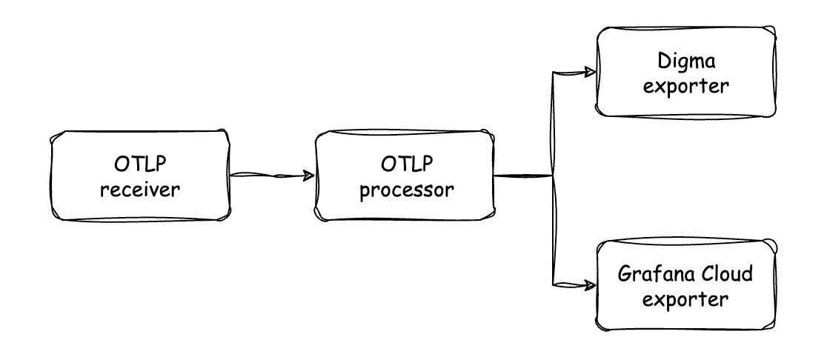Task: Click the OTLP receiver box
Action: (140, 176)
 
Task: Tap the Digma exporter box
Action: (688, 72)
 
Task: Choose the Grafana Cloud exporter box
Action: (688, 284)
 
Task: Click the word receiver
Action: (140, 190)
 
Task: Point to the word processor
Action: (405, 190)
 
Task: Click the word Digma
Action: (688, 59)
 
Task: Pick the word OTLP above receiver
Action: (140, 162)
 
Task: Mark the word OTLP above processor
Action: (405, 162)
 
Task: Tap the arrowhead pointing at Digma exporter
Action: (590, 72)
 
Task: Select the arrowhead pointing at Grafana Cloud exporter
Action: (590, 284)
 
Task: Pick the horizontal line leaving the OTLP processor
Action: (523, 176)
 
